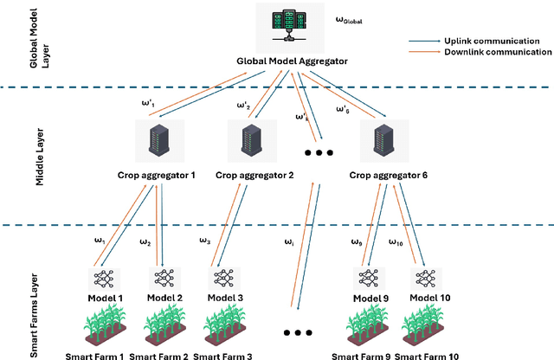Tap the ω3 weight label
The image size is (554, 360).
pyautogui.click(x=204, y=241)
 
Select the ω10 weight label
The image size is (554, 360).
pyautogui.click(x=396, y=242)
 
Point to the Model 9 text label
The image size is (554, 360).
pyautogui.click(x=370, y=298)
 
